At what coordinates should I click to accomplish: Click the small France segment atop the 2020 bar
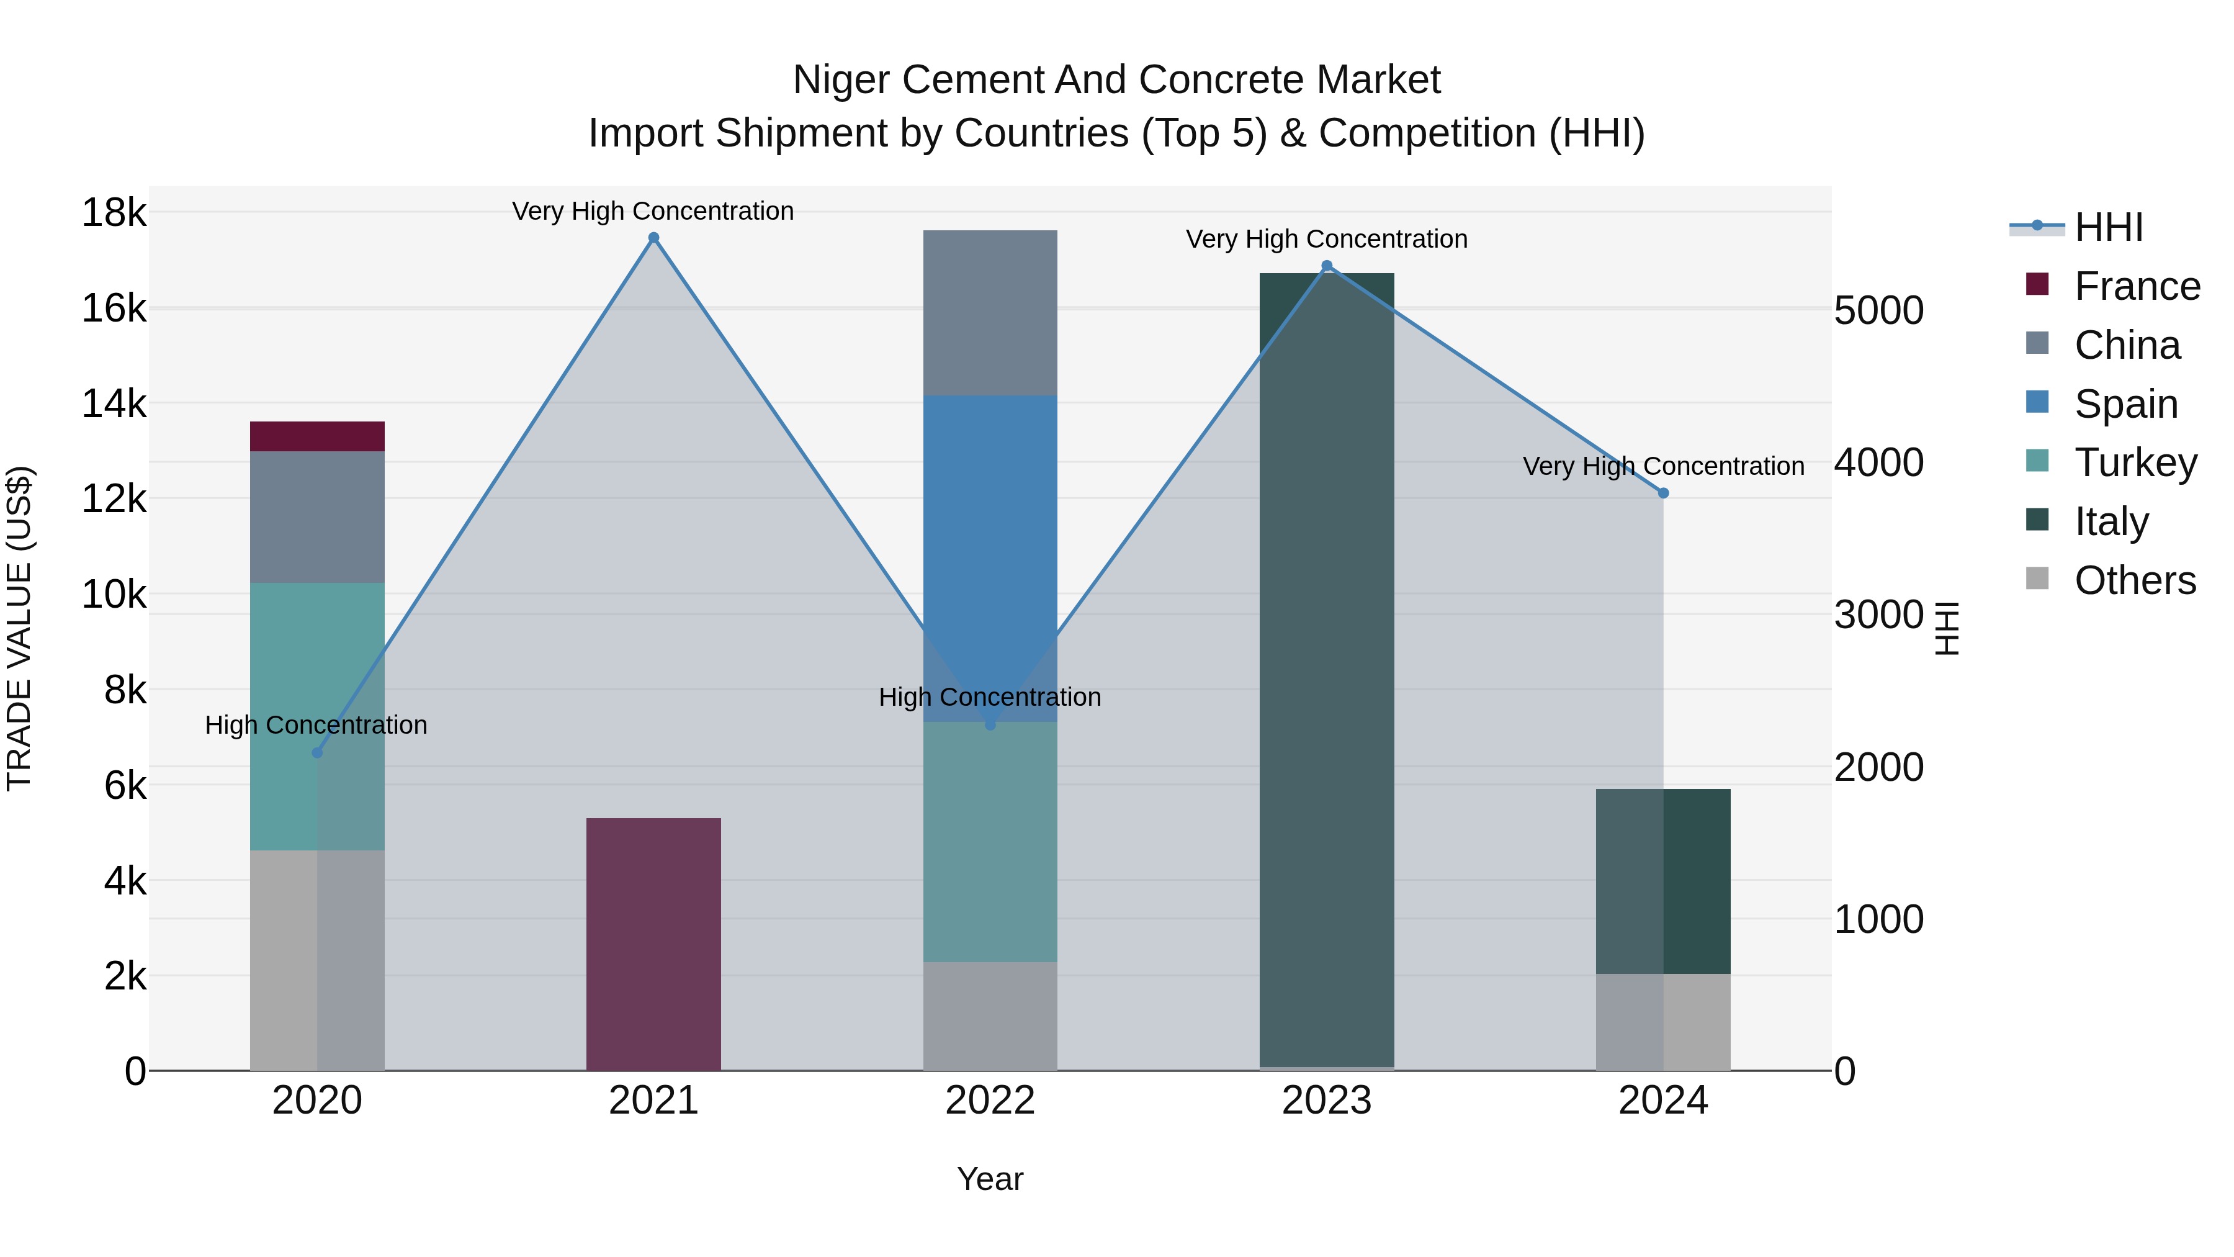click(x=316, y=436)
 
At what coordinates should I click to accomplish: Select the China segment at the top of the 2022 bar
click(x=990, y=312)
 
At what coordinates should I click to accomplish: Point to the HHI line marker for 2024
click(x=1663, y=493)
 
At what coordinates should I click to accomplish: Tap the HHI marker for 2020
click(x=317, y=753)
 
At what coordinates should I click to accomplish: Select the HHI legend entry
click(x=2107, y=227)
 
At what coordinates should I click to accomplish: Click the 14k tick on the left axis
click(x=114, y=403)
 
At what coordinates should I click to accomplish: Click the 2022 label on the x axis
click(x=990, y=1101)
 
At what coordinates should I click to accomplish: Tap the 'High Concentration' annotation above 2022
click(x=990, y=696)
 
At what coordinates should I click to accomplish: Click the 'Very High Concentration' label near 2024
click(x=1662, y=466)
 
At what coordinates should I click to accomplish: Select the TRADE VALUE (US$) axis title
click(x=19, y=628)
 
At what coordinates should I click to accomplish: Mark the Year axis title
click(x=990, y=1179)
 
